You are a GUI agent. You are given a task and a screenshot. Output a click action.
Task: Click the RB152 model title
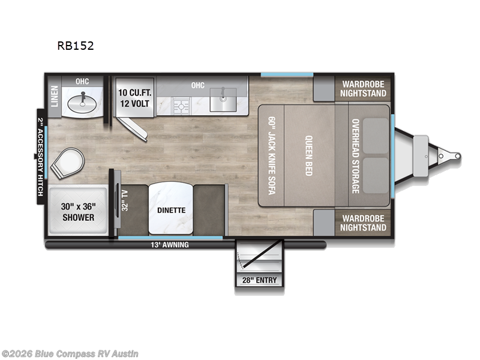coord(75,45)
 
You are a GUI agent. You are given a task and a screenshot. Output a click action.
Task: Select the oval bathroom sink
coord(83,103)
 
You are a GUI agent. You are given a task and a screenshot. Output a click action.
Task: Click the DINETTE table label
coord(171,210)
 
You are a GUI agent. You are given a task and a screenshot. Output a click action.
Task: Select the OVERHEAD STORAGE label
coord(355,155)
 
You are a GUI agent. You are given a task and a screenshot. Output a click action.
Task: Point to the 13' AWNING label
coord(170,245)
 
